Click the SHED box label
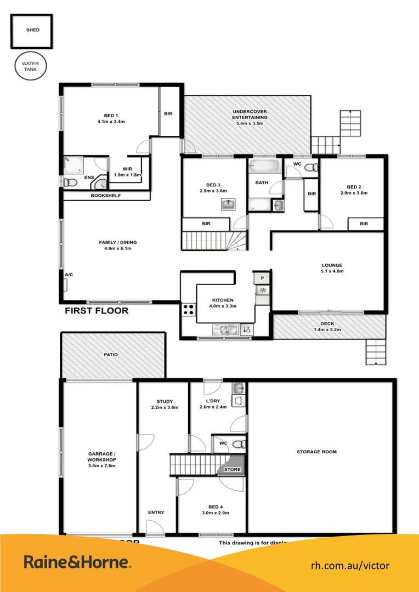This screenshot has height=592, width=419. pos(32,31)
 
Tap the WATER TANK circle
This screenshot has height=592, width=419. pos(31,67)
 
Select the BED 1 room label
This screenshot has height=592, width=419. pos(111,115)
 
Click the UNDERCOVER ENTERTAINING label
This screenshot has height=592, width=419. pos(250,114)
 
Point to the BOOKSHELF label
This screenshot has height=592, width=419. pos(105,196)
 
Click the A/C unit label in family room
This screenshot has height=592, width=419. pos(69,274)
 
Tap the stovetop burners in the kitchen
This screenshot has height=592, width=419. pos(189,309)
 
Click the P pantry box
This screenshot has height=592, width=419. pos(262,278)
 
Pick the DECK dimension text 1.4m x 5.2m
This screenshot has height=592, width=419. pos(327,331)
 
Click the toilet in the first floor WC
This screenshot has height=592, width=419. pos(310,168)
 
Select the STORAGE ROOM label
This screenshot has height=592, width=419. pos(316,452)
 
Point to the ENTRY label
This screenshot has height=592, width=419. pos(156,513)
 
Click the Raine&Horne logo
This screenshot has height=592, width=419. pos(77,562)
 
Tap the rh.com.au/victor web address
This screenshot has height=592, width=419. pos(350,565)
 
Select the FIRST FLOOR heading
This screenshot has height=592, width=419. pos(97,311)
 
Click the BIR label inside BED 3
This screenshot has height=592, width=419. pos(206,224)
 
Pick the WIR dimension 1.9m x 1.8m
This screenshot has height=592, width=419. pos(128,175)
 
